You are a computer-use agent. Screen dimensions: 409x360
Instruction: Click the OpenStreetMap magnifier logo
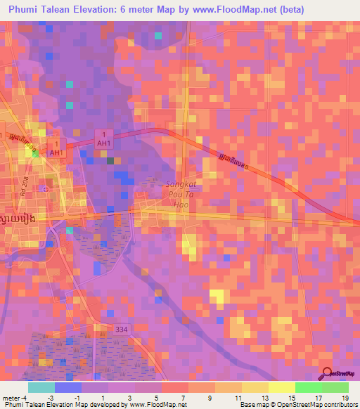327,374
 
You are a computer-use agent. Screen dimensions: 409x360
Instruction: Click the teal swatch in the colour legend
41,387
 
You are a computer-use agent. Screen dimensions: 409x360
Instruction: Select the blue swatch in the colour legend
68,387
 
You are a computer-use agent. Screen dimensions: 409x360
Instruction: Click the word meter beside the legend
11,397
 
